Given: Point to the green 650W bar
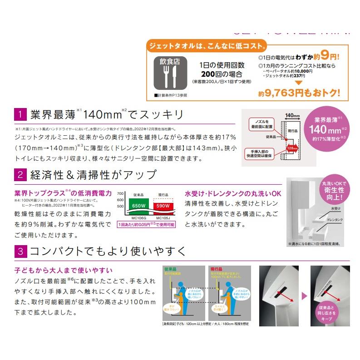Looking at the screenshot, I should (139, 205).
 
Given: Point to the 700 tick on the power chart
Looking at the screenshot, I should (120, 193).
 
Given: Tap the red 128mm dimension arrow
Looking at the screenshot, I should (291, 147).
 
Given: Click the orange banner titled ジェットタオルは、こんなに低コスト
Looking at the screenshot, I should (207, 46).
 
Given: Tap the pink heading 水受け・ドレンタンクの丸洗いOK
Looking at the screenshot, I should (233, 193).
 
